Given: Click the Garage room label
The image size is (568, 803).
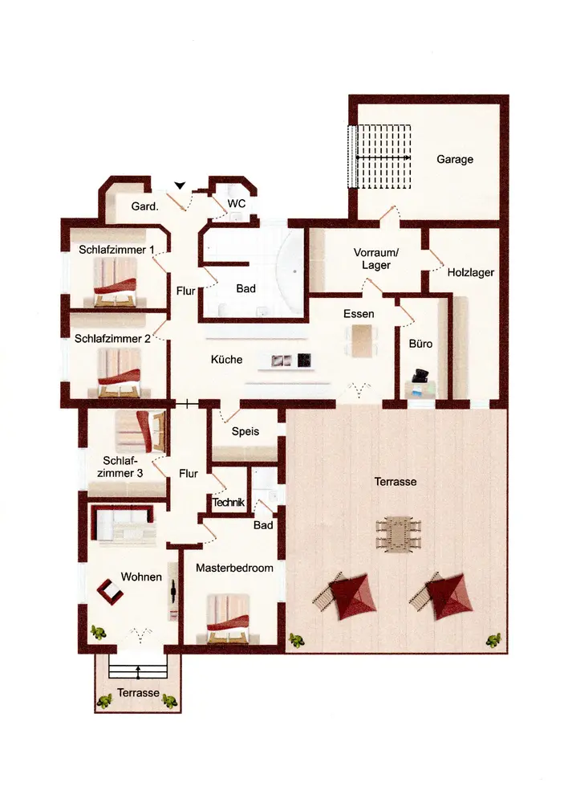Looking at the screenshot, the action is pyautogui.click(x=454, y=159).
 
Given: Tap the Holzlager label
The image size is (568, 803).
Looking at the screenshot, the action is pyautogui.click(x=471, y=272).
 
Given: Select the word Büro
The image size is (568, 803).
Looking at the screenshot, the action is pyautogui.click(x=420, y=344).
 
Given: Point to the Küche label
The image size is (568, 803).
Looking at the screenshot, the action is pyautogui.click(x=227, y=360).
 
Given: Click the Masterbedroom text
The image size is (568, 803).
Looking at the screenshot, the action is pyautogui.click(x=234, y=568).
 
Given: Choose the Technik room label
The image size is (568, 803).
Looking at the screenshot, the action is pyautogui.click(x=229, y=503).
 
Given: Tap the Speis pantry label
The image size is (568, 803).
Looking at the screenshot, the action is pyautogui.click(x=245, y=431).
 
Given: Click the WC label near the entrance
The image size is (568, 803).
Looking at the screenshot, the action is pyautogui.click(x=237, y=203).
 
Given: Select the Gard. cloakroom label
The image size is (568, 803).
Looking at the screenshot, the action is pyautogui.click(x=144, y=206).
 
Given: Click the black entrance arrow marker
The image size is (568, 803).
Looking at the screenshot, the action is pyautogui.click(x=180, y=185).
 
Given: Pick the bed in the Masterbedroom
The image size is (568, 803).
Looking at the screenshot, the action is pyautogui.click(x=228, y=618).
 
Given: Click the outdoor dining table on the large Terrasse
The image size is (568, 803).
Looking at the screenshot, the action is pyautogui.click(x=399, y=534).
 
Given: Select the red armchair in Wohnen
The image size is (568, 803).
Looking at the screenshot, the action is pyautogui.click(x=111, y=592).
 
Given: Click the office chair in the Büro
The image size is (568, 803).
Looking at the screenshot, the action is pyautogui.click(x=421, y=376).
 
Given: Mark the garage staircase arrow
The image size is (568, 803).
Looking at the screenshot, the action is pyautogui.click(x=383, y=157).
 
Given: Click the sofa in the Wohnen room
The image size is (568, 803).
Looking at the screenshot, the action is pyautogui.click(x=123, y=524).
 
